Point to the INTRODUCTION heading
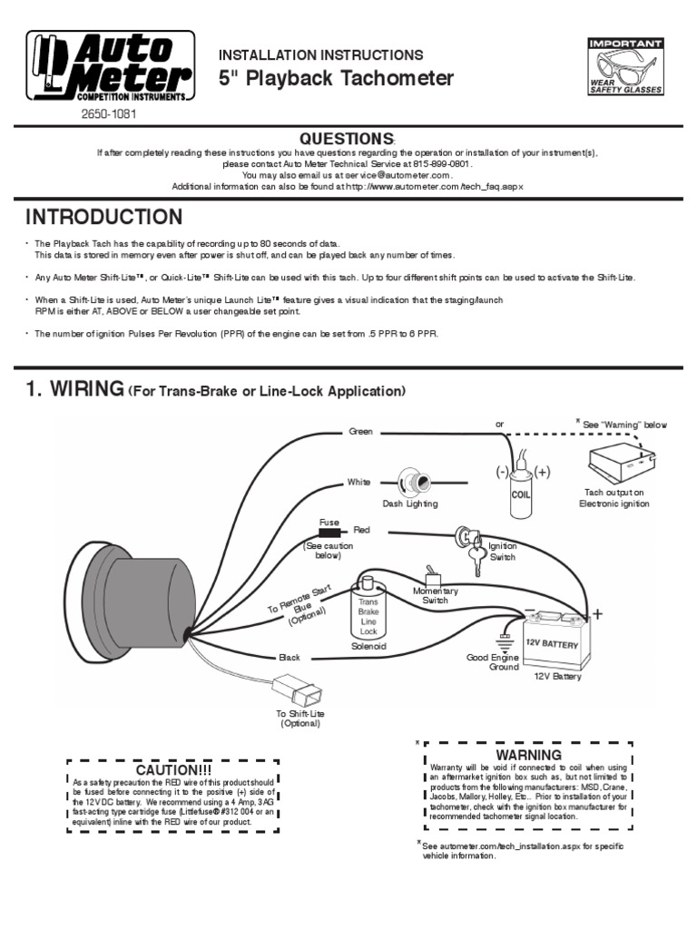tap(103, 218)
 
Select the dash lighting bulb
tap(417, 481)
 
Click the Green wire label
tap(361, 432)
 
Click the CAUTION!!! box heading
tap(172, 769)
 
